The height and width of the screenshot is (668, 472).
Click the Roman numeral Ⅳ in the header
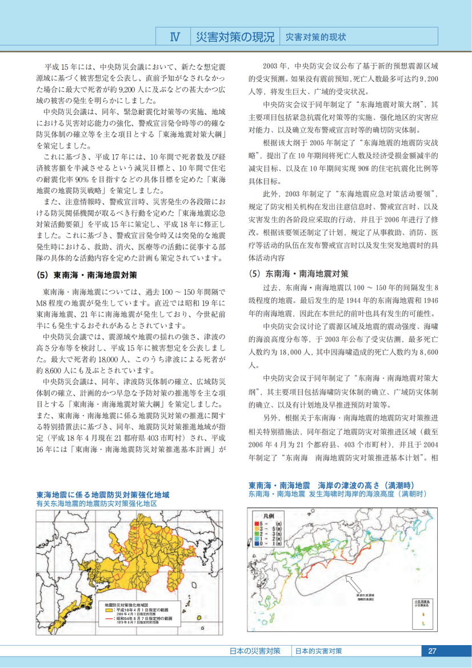click(175, 37)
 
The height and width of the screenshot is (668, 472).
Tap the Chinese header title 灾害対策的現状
click(315, 37)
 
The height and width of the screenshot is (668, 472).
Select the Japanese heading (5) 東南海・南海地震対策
click(86, 275)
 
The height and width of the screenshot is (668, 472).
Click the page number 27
click(432, 651)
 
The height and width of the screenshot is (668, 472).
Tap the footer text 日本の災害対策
click(255, 651)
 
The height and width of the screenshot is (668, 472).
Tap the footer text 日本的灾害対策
click(319, 651)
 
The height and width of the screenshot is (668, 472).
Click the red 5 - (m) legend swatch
click(257, 523)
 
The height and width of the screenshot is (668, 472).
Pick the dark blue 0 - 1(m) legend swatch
click(257, 543)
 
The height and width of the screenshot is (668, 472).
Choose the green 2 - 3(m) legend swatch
click(257, 533)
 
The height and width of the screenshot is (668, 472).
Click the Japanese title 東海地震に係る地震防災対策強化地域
click(103, 495)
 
